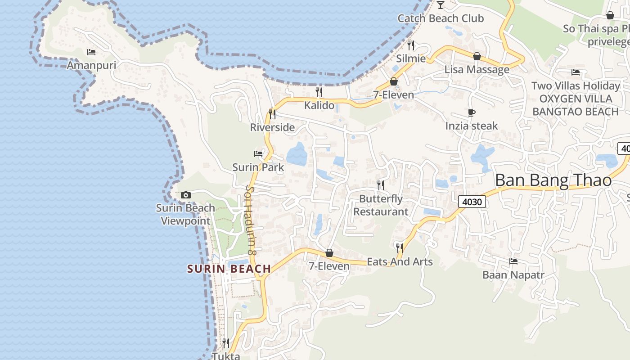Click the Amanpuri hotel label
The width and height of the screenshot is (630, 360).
pos(91,65)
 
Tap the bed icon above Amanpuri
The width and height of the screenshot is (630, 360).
pos(91,52)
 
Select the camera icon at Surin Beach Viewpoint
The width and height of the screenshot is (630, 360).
pos(185,195)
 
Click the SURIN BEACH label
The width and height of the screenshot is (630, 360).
pos(229,269)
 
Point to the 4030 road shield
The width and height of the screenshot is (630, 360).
pos(472,202)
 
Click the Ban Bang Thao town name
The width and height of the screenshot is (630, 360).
pos(553,180)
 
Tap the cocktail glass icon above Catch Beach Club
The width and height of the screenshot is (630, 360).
pos(440,5)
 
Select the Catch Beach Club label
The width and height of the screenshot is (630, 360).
pos(441,18)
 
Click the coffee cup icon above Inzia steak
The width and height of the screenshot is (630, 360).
pos(472,112)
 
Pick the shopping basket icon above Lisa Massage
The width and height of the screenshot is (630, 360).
pos(477,56)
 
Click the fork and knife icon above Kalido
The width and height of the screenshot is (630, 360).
pos(319,92)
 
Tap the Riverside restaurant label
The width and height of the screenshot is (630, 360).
pos(272,127)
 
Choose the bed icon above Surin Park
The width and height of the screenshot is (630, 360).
pos(258,154)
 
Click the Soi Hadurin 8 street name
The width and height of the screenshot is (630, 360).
pos(251,220)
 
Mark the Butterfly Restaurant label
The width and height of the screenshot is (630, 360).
pos(381,205)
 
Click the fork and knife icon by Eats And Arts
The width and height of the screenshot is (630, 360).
pos(399,247)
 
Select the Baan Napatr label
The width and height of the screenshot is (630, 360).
pos(513,274)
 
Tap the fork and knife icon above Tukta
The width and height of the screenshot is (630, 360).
pos(226,343)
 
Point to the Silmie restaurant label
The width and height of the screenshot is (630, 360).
pos(411,58)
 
